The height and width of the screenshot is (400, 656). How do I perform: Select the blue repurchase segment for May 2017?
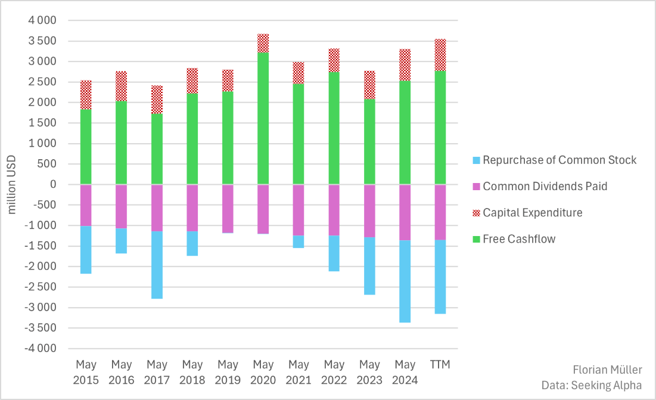[x=157, y=265]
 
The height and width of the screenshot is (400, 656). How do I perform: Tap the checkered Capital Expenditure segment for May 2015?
[x=86, y=95]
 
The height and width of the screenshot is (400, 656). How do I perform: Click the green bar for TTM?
[x=440, y=128]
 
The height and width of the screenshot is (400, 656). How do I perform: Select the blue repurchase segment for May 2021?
[x=298, y=241]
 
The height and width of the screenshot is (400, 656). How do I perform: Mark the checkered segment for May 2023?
[x=369, y=85]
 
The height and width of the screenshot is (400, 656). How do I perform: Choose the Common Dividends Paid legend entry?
[x=545, y=187]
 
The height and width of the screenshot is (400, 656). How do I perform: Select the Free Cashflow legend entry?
[x=518, y=239]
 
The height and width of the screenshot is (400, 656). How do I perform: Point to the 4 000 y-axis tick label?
[x=42, y=21]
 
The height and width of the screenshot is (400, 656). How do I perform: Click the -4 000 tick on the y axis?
[x=40, y=348]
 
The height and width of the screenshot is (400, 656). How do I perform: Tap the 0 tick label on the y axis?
[x=53, y=184]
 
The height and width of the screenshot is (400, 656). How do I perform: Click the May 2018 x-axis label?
[x=192, y=372]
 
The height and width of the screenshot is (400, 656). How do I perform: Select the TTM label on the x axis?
[x=440, y=364]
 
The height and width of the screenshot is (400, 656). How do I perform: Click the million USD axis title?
[x=13, y=184]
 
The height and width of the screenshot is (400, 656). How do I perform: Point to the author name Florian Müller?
[x=608, y=370]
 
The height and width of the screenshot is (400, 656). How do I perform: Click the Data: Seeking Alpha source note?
[x=592, y=385]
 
